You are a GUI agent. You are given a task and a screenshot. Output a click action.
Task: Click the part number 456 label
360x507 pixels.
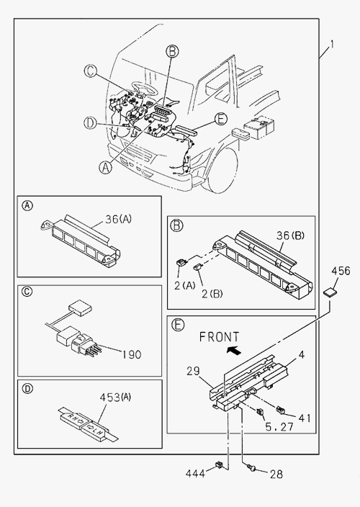(341, 271)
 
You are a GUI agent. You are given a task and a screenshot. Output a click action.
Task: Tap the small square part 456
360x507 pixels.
(330, 292)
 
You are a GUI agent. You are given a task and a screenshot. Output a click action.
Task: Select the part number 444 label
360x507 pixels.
(195, 474)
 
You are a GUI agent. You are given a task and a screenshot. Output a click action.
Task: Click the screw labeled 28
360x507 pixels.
(251, 467)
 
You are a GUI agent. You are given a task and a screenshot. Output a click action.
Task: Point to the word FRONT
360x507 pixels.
(220, 337)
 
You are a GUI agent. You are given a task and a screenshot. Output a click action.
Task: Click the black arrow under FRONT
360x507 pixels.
(234, 349)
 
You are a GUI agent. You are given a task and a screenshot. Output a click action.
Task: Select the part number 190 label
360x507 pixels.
(132, 355)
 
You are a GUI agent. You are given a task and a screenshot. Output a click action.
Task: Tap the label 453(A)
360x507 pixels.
(115, 397)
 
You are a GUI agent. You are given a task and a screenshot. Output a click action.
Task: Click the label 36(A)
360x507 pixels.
(118, 219)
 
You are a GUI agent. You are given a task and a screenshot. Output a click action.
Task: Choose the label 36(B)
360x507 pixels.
(291, 235)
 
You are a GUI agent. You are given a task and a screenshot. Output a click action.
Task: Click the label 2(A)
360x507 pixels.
(185, 286)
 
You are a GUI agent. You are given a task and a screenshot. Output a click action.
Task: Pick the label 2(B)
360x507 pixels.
(212, 294)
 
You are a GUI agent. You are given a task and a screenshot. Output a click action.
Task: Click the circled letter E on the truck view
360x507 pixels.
(221, 119)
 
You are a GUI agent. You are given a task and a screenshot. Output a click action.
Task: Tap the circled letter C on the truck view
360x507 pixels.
(91, 71)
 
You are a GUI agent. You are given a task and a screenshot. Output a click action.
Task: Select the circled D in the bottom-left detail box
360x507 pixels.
(27, 388)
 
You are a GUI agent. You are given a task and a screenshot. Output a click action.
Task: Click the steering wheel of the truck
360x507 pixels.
(145, 89)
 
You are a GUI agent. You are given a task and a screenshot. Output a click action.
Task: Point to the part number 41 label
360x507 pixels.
(305, 418)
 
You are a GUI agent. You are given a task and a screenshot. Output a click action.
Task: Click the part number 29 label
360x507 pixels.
(193, 371)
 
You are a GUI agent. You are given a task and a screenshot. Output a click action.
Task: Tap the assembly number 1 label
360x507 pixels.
(331, 45)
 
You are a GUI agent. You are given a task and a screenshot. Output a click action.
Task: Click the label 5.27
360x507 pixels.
(279, 427)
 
